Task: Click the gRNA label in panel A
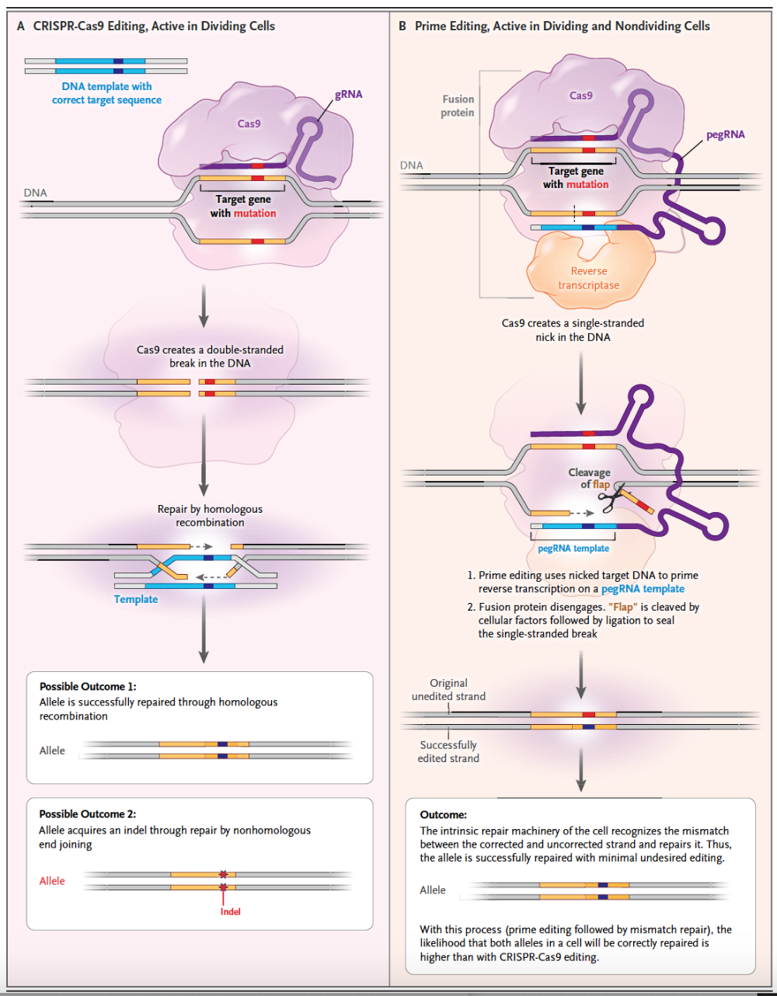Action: pos(348,94)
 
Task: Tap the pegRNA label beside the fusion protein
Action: pos(725,134)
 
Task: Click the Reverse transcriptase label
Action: pos(588,278)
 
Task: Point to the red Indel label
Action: pos(230,911)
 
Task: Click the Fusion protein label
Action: pos(458,106)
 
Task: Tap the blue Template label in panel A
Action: pos(136,599)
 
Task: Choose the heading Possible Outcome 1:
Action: pos(88,687)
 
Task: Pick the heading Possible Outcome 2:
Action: pos(88,814)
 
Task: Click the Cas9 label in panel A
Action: pos(249,124)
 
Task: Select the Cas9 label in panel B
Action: pos(580,96)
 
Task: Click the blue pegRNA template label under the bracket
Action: pos(573,548)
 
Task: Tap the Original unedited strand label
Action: pos(448,690)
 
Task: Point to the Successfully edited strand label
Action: pos(448,751)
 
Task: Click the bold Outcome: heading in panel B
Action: pos(444,815)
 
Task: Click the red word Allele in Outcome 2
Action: pos(52,881)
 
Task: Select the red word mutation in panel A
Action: pos(255,213)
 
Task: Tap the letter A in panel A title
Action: pos(21,26)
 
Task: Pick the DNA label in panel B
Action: pos(412,165)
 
